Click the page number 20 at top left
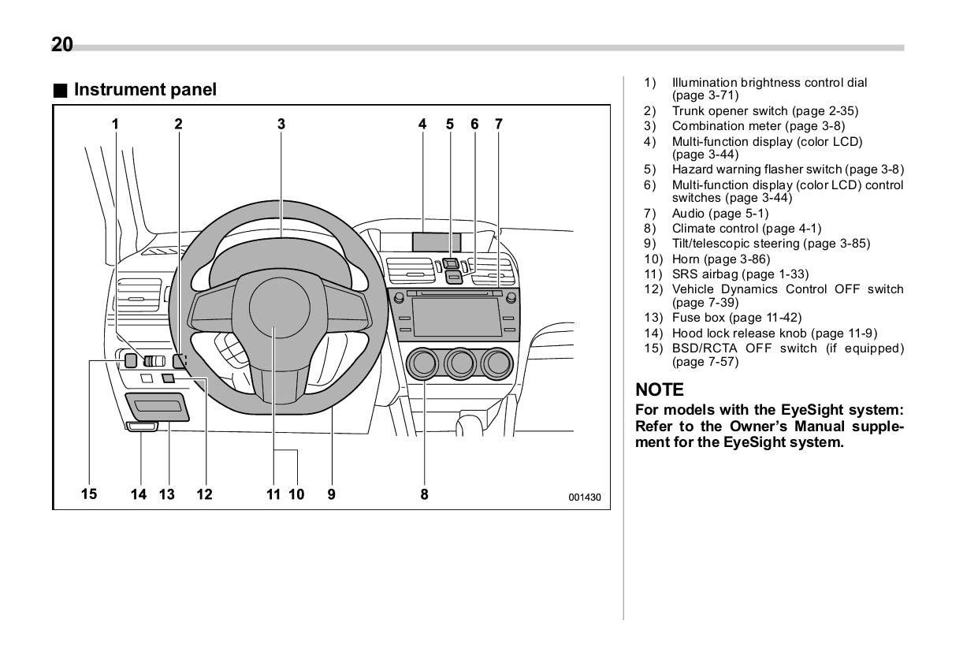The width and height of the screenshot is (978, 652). pyautogui.click(x=62, y=45)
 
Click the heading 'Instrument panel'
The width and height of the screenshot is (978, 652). pyautogui.click(x=145, y=90)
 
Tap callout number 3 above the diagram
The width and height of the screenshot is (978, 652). pyautogui.click(x=281, y=124)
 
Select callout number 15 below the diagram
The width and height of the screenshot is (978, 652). pyautogui.click(x=89, y=494)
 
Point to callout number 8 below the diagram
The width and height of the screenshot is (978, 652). pyautogui.click(x=424, y=494)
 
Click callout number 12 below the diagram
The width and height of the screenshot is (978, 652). pyautogui.click(x=204, y=494)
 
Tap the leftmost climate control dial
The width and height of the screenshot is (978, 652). pyautogui.click(x=422, y=363)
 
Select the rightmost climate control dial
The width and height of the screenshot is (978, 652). pyautogui.click(x=497, y=363)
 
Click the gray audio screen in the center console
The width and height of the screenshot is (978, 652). pyautogui.click(x=456, y=317)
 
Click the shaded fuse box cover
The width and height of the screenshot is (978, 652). pyautogui.click(x=158, y=407)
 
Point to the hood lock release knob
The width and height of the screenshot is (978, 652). pyautogui.click(x=142, y=427)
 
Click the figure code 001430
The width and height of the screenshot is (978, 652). pyautogui.click(x=585, y=497)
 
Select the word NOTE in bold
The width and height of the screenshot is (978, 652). pyautogui.click(x=660, y=389)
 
